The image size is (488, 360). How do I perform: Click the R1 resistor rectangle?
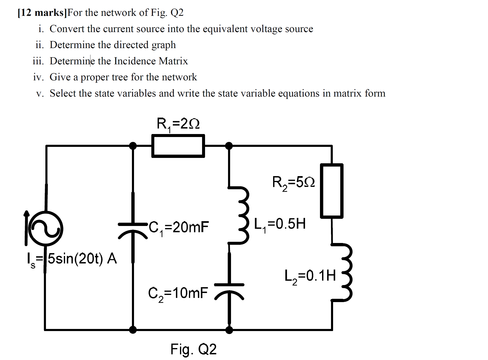coord(178,146)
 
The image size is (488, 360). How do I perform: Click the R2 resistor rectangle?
coord(332,190)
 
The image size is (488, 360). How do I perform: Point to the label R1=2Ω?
coord(178,123)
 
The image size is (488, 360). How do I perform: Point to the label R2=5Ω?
coord(293,182)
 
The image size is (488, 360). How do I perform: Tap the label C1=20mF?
coord(178,227)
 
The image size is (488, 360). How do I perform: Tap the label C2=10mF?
coord(178,293)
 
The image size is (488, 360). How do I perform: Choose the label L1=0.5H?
coord(280,224)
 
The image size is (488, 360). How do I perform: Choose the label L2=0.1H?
coord(310,276)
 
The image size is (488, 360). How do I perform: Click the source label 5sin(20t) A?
coord(82,259)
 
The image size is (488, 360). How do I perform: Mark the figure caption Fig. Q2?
coord(193,349)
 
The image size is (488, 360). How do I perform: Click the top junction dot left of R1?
coord(133,146)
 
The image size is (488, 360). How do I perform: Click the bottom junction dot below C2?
coord(229,330)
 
